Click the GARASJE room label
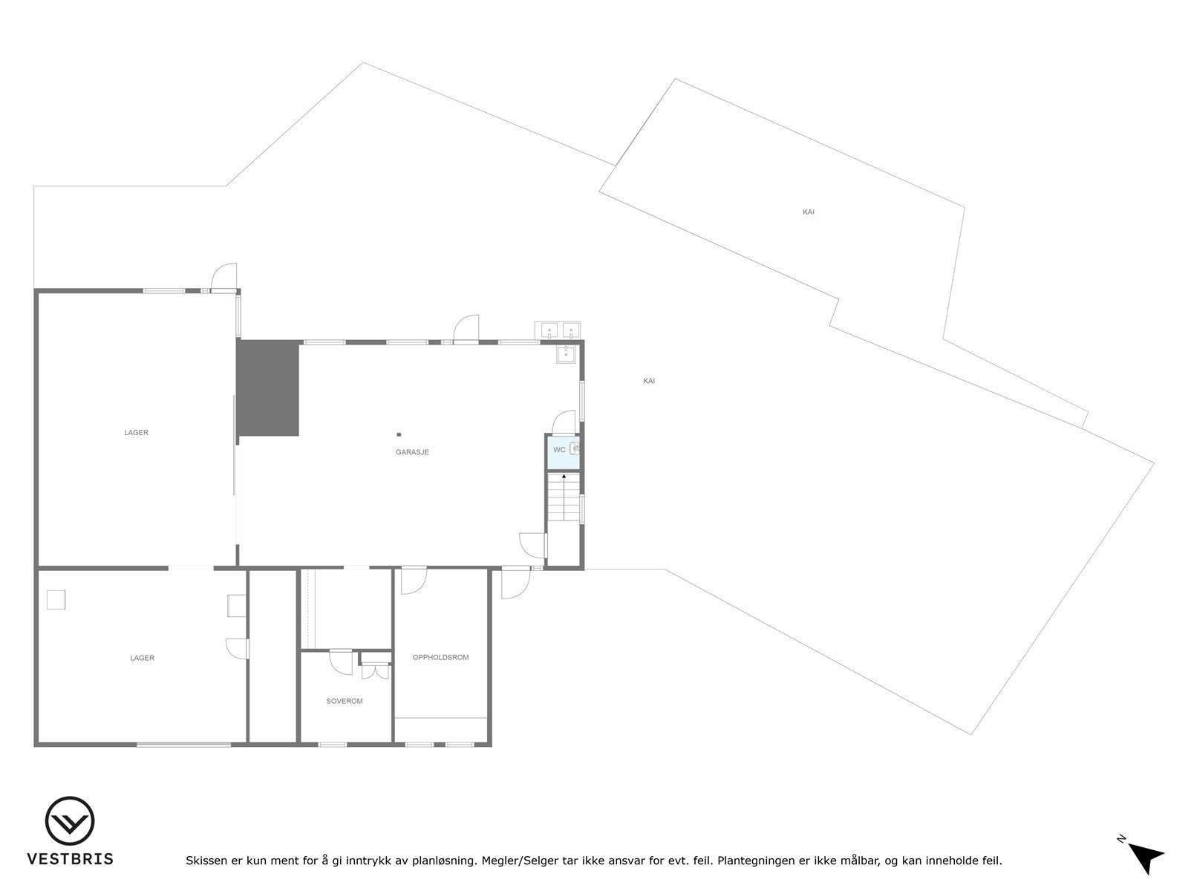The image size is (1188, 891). [x=412, y=452]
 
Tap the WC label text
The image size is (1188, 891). [x=559, y=450]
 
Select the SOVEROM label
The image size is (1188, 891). [x=345, y=701]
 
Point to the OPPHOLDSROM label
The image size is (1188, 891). [x=441, y=657]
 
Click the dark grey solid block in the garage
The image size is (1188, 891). [x=268, y=388]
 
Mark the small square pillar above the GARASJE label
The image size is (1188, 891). [x=399, y=434]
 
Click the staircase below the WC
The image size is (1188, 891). [x=564, y=497]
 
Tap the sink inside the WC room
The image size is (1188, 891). [x=575, y=448]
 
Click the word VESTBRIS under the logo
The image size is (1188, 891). [x=71, y=859]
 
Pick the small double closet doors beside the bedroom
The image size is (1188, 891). [x=376, y=671]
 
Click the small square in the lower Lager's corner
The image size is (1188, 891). [x=56, y=599]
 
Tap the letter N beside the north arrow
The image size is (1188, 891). [x=1121, y=840]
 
